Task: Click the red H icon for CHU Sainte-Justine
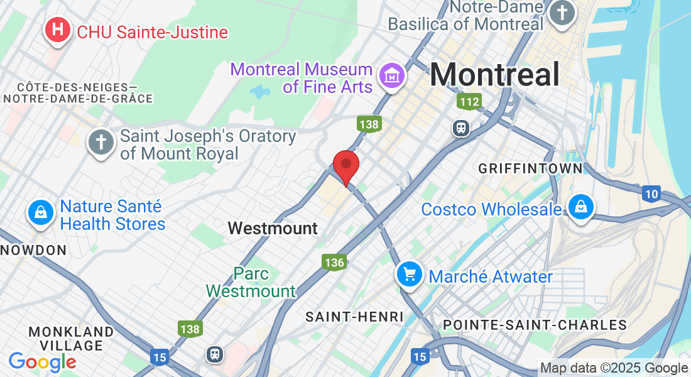coord(58,30)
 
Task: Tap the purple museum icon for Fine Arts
coord(393,77)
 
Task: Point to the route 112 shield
coord(469,101)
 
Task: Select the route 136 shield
coord(334,262)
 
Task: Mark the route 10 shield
coord(651,194)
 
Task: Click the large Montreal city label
coord(494,75)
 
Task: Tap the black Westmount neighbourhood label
coord(273,228)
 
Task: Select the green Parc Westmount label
coord(251,282)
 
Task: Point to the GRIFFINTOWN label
coord(530,168)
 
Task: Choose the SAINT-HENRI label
coord(354,317)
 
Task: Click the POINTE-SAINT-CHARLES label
coord(535,325)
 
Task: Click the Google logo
coord(42,361)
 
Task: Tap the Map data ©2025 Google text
coord(614,368)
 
